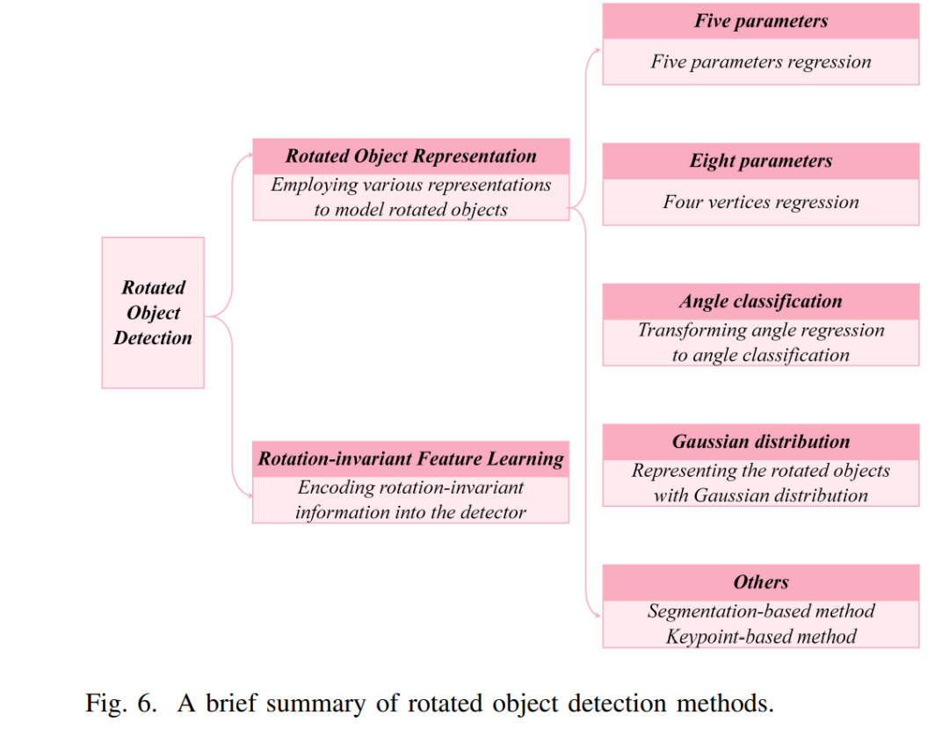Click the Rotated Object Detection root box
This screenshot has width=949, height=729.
pyautogui.click(x=153, y=313)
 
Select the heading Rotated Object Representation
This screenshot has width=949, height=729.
pyautogui.click(x=411, y=156)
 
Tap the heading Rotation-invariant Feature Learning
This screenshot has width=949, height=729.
pyautogui.click(x=411, y=458)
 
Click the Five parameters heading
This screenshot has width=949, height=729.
pyautogui.click(x=761, y=21)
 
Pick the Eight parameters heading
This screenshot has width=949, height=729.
pyautogui.click(x=761, y=161)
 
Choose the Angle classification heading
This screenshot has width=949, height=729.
pyautogui.click(x=761, y=301)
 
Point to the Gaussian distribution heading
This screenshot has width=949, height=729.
pyautogui.click(x=761, y=442)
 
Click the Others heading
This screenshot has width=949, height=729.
pyautogui.click(x=761, y=582)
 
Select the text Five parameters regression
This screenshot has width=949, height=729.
pyautogui.click(x=761, y=61)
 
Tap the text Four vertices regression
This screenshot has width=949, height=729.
pyautogui.click(x=761, y=202)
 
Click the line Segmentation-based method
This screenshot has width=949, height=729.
pyautogui.click(x=761, y=611)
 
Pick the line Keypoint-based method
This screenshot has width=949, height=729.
pyautogui.click(x=761, y=637)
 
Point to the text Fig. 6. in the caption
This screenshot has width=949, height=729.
pyautogui.click(x=121, y=704)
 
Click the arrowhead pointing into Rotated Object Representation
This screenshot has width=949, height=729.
pyautogui.click(x=249, y=155)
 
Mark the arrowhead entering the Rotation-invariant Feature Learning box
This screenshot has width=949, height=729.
pyautogui.click(x=249, y=495)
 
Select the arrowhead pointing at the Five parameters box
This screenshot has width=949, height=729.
pyautogui.click(x=598, y=51)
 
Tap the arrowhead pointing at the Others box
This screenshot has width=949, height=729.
pyautogui.click(x=598, y=616)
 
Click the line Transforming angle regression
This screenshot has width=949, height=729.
pyautogui.click(x=761, y=330)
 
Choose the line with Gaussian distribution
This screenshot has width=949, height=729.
pyautogui.click(x=761, y=495)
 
